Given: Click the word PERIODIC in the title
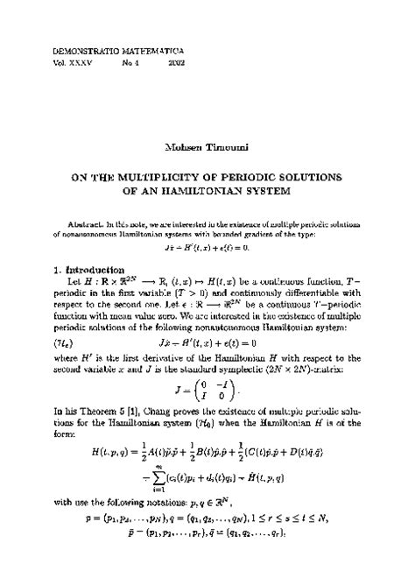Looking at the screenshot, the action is (255, 175).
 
